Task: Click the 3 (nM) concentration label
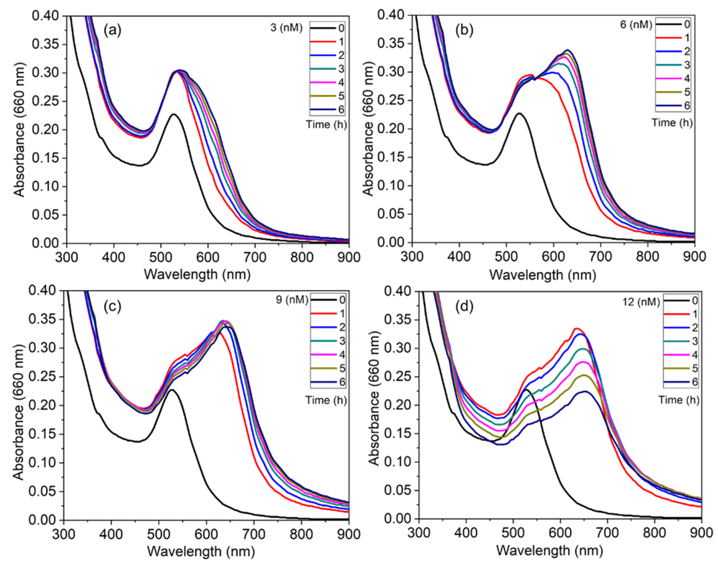click(286, 28)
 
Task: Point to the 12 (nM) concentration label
click(641, 302)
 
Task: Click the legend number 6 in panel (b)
click(687, 106)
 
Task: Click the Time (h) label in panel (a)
click(326, 124)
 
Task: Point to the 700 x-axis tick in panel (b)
click(600, 257)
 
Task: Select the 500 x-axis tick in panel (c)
click(158, 534)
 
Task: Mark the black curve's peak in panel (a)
click(174, 114)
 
